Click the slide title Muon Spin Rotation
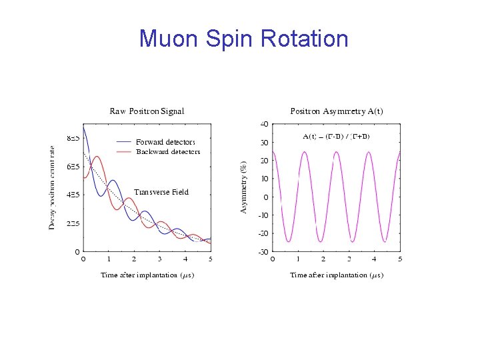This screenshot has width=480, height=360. point(243,39)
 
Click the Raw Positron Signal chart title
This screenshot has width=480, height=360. point(147,111)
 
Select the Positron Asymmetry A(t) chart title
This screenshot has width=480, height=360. point(336,111)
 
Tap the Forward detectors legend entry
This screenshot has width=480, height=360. point(165,141)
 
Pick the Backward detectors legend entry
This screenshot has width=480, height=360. point(168,151)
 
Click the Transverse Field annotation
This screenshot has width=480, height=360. point(161,192)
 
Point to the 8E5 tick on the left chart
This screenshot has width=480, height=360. point(73,138)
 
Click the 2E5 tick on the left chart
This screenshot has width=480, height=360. point(73,223)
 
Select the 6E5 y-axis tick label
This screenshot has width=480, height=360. point(73,167)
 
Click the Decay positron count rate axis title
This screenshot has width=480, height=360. point(53,188)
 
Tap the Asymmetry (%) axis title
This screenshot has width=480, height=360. point(243,187)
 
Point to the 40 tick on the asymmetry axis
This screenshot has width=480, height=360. point(264,124)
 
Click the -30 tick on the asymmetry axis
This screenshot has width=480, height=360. point(263,251)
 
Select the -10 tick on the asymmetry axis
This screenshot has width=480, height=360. point(263,215)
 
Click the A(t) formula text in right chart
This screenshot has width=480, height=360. point(336,136)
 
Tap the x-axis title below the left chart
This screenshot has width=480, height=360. point(147,275)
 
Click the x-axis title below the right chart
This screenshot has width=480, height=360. point(336,275)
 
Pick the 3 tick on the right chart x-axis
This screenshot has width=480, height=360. point(349,259)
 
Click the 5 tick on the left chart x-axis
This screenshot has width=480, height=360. point(210,259)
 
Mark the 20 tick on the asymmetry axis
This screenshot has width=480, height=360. point(264,161)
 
